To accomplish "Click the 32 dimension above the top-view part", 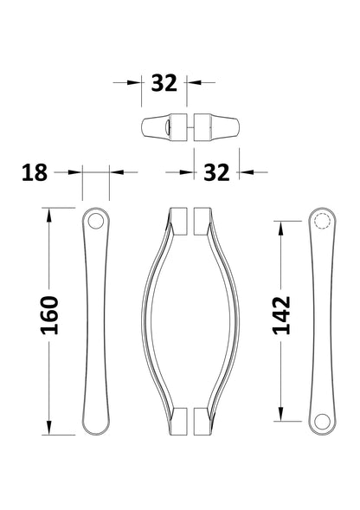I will [164, 83].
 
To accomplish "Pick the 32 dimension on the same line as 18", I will [217, 172].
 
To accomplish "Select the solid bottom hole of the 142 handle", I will [321, 421].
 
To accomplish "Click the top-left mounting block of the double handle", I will [177, 221].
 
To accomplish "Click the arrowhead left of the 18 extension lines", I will [76, 172].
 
